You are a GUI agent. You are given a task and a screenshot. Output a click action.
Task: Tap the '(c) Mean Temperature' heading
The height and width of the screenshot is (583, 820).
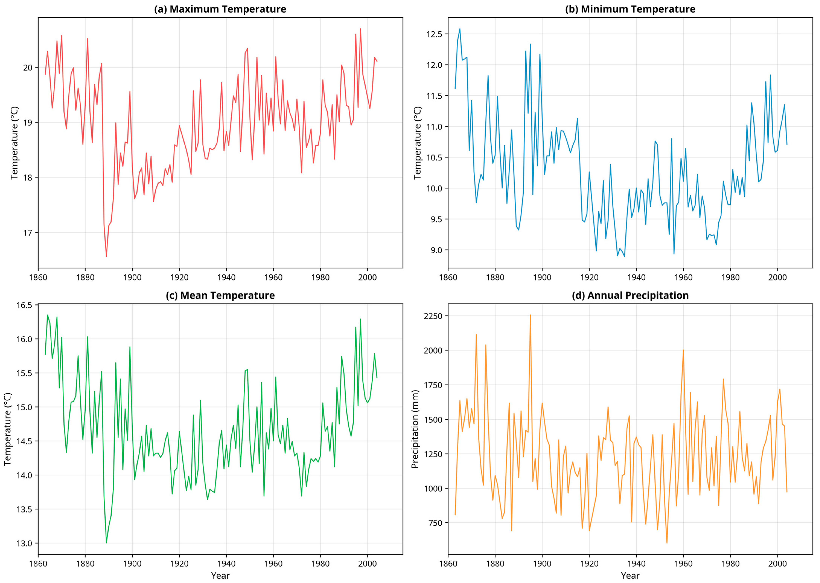point(220,295)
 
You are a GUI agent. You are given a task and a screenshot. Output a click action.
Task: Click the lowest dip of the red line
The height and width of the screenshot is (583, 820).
point(106,256)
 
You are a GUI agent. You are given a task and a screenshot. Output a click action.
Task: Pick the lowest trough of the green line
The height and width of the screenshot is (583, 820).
point(106,543)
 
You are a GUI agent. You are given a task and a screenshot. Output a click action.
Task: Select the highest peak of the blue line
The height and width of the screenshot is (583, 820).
point(460,29)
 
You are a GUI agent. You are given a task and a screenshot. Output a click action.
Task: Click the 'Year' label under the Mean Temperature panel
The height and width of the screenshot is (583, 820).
point(220,575)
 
